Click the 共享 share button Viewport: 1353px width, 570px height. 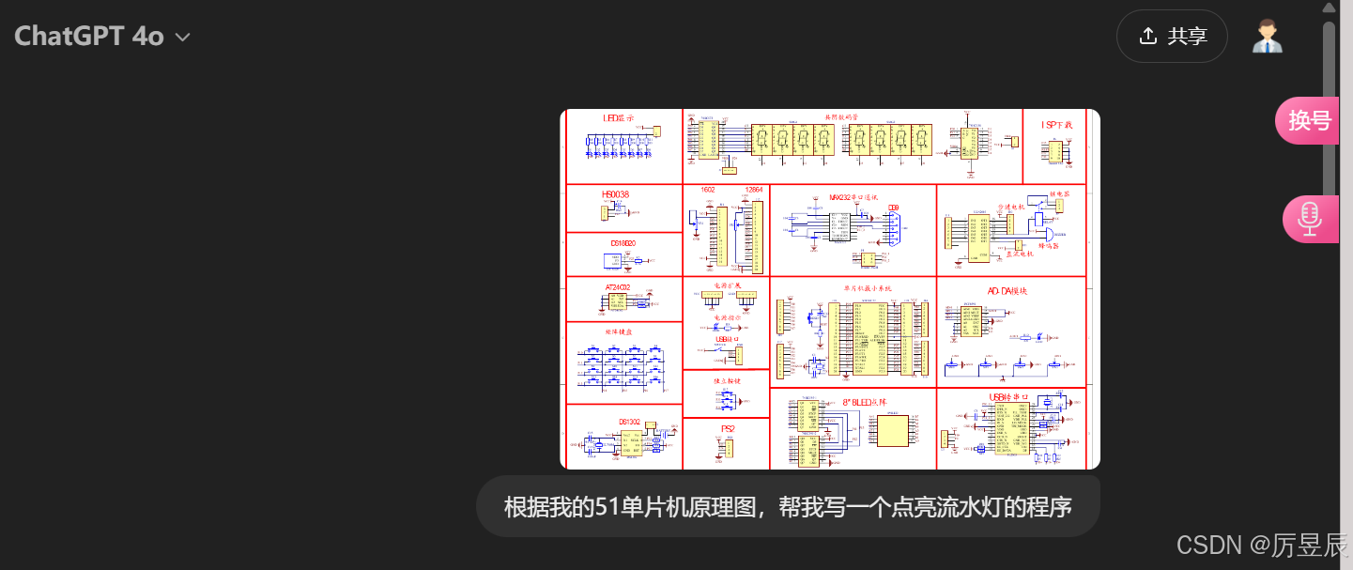(x=1172, y=37)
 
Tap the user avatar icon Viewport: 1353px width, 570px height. (x=1268, y=37)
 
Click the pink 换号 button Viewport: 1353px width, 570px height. (x=1309, y=121)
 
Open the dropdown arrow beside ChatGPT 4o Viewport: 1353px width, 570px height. (x=183, y=38)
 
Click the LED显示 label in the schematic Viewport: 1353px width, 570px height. (x=619, y=119)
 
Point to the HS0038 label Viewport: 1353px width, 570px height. (x=615, y=194)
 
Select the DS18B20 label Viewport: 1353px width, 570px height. (x=623, y=243)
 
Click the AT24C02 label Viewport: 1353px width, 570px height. (x=618, y=287)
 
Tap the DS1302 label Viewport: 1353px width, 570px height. (x=628, y=422)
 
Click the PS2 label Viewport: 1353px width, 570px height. (x=728, y=428)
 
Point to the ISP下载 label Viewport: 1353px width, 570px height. (x=1056, y=125)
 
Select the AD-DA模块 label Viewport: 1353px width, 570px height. (x=1007, y=291)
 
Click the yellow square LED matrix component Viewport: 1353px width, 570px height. (x=892, y=430)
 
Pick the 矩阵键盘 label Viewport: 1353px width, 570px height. (x=619, y=331)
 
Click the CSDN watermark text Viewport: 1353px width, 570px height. (x=1207, y=545)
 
